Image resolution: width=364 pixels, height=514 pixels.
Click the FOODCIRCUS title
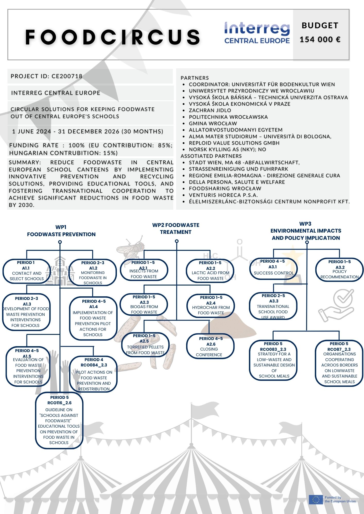tap(113, 37)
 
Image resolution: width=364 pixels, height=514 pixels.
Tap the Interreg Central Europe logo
tap(257, 33)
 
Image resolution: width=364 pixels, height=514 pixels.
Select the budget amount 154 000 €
tap(320, 40)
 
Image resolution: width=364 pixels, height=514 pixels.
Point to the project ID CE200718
tap(47, 76)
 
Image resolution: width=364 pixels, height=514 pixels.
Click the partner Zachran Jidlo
tap(210, 110)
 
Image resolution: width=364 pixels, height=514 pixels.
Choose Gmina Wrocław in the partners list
tap(213, 123)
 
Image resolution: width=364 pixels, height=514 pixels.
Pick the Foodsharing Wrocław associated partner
tap(225, 188)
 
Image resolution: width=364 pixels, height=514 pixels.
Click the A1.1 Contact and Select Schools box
tap(27, 271)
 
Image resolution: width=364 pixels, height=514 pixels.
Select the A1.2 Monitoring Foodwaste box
tap(93, 272)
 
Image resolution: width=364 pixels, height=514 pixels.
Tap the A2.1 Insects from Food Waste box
tap(144, 270)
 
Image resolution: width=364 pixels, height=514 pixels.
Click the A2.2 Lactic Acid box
tap(210, 271)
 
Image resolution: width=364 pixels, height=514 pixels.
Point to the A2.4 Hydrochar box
tap(211, 306)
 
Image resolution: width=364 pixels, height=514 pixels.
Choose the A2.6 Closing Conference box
tap(210, 346)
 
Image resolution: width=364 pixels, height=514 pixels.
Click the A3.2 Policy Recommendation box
tap(339, 270)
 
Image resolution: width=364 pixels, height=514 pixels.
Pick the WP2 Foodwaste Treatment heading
tap(176, 228)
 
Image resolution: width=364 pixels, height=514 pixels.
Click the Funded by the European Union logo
tap(332, 499)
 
